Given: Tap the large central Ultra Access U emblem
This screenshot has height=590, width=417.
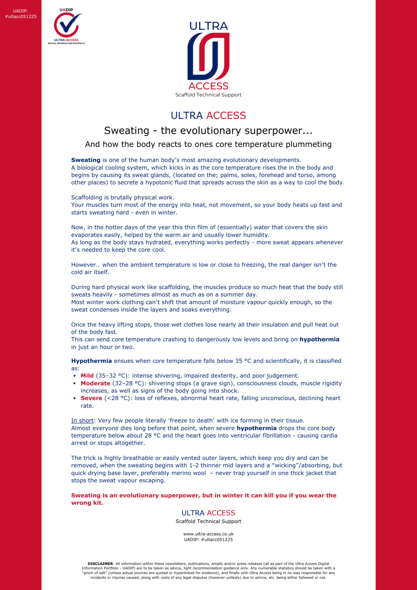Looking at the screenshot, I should click(209, 56).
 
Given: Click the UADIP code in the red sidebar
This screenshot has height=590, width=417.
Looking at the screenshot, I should click(21, 14).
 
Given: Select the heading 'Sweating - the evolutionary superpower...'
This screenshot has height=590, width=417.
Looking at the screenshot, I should click(208, 130).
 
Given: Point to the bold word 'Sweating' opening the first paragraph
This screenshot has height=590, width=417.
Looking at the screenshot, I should click(86, 160).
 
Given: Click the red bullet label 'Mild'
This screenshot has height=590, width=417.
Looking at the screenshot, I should click(87, 376).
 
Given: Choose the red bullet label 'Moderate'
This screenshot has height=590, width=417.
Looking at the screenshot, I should click(95, 383).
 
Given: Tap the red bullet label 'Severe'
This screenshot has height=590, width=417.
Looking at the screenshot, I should click(91, 398).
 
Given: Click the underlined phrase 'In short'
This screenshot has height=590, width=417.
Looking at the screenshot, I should click(82, 421).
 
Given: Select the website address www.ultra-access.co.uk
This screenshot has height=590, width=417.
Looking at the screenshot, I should click(209, 534).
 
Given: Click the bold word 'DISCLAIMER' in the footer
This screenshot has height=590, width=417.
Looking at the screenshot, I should click(100, 564).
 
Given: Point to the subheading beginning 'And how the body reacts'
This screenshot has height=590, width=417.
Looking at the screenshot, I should click(208, 144).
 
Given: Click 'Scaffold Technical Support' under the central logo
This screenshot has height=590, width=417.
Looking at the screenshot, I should click(209, 95).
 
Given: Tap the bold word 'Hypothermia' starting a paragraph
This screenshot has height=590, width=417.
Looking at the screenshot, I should click(91, 361).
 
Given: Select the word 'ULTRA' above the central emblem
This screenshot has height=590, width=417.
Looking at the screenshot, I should click(209, 26).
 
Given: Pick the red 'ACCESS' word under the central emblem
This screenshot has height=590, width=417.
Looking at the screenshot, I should click(209, 86).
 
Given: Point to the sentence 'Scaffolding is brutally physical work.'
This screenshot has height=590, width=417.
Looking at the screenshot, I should click(123, 198).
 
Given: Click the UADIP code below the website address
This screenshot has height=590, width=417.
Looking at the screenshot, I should click(209, 540).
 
